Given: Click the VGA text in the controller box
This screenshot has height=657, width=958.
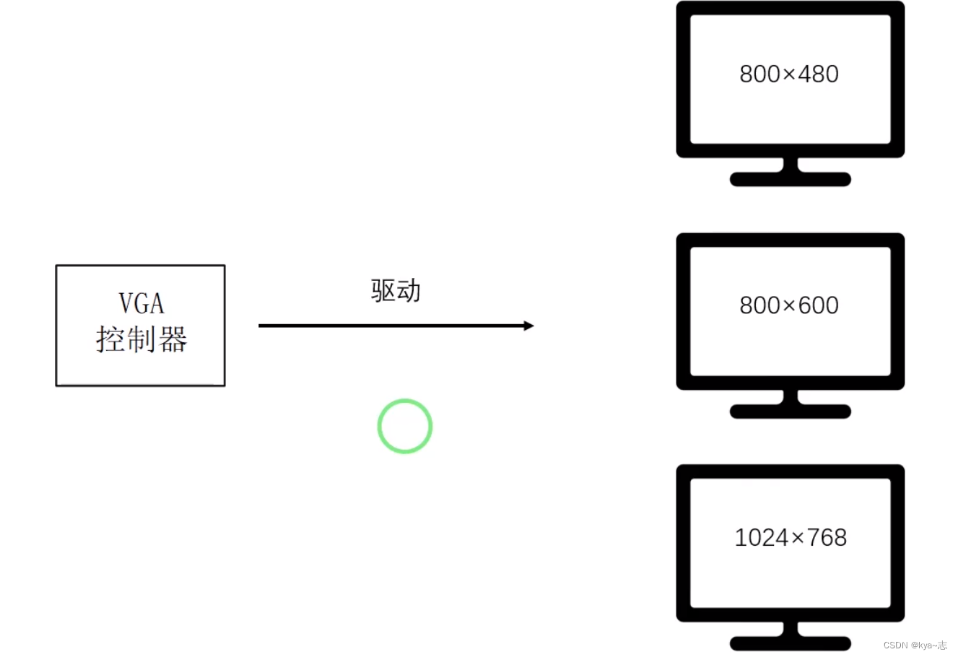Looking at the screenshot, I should coord(141,304).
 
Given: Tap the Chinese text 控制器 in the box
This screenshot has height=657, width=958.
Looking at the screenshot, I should coord(141,339).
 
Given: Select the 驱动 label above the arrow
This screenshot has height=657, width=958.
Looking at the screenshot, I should coord(396,290).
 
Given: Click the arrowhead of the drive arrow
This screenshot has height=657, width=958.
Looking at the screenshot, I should coord(528,326).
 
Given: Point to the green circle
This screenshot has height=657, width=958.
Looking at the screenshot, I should coord(405,426).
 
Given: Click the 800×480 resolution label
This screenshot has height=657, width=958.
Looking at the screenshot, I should coord(789,74).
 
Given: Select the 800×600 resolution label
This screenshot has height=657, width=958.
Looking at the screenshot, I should coord(789,305).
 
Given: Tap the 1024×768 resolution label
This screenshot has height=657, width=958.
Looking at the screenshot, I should coord(791,537).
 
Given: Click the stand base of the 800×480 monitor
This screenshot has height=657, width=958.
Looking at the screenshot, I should coord(791,179).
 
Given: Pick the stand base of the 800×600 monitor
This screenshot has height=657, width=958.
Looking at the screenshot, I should coord(791,412).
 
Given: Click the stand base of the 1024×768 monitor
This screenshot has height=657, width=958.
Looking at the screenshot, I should coord(791,643).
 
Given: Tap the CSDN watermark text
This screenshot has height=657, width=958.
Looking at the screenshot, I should coord(915,645).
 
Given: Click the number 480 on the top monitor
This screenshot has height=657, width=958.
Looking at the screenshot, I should coord(818,74).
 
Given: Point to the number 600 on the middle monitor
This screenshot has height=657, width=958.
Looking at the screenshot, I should coord(818,305).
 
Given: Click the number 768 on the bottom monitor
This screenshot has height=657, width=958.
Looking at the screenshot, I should coord(826,537).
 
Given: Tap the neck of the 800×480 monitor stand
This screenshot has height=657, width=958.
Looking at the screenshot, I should coord(791,165).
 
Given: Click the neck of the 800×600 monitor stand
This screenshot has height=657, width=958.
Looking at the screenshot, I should coord(791,397).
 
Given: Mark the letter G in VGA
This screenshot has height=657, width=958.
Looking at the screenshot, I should coord(141,304).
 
